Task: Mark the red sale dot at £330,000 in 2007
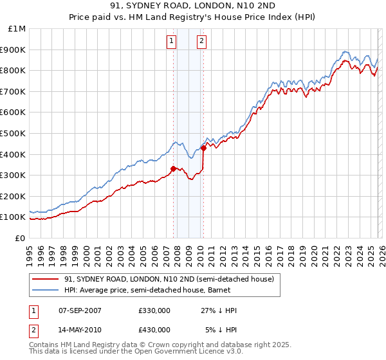[173, 169]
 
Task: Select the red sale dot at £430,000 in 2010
[203, 148]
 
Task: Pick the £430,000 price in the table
[154, 329]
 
